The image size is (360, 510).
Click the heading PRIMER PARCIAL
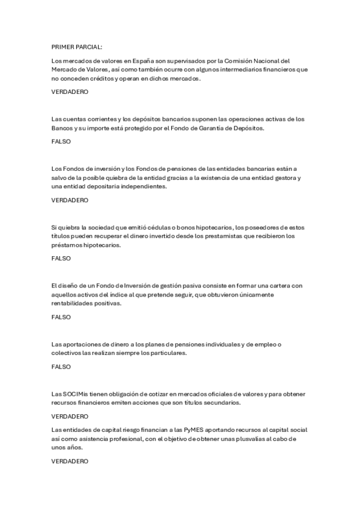pyautogui.click(x=76, y=46)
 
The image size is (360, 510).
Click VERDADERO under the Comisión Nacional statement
pyautogui.click(x=70, y=92)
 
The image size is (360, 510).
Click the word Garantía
pyautogui.click(x=206, y=128)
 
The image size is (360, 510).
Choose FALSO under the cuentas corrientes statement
pyautogui.click(x=61, y=142)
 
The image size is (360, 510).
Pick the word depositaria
pyautogui.click(x=97, y=186)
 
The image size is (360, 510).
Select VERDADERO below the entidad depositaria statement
pyautogui.click(x=70, y=200)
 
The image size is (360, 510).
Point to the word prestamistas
pyautogui.click(x=230, y=236)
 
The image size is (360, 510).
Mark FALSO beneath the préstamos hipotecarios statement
pyautogui.click(x=61, y=259)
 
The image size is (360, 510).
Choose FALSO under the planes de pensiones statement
pyautogui.click(x=61, y=366)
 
